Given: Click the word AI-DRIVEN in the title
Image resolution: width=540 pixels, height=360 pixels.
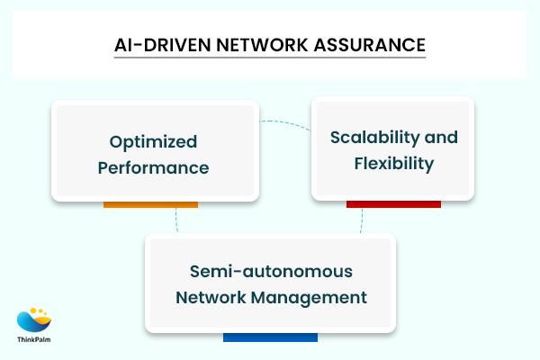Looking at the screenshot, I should tap(157, 44).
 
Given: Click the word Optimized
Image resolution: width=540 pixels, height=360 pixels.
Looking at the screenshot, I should tap(153, 141).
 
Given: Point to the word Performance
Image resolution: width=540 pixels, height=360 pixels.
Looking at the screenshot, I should tap(154, 167).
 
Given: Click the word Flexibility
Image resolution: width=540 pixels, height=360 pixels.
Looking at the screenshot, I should tap(393, 164).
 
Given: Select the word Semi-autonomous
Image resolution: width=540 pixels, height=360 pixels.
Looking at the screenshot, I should tap(270, 271).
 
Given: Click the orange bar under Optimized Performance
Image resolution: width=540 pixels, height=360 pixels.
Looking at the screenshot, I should tap(150, 204).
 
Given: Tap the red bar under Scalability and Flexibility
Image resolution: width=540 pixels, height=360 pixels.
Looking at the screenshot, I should tap(393, 203).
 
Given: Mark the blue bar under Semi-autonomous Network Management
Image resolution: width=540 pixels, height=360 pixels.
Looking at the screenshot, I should tap(270, 337).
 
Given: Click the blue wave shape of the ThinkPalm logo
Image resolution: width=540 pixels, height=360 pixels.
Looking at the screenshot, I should tap(30, 321).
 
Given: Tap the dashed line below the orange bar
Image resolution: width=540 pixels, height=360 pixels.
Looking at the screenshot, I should tap(176, 220).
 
